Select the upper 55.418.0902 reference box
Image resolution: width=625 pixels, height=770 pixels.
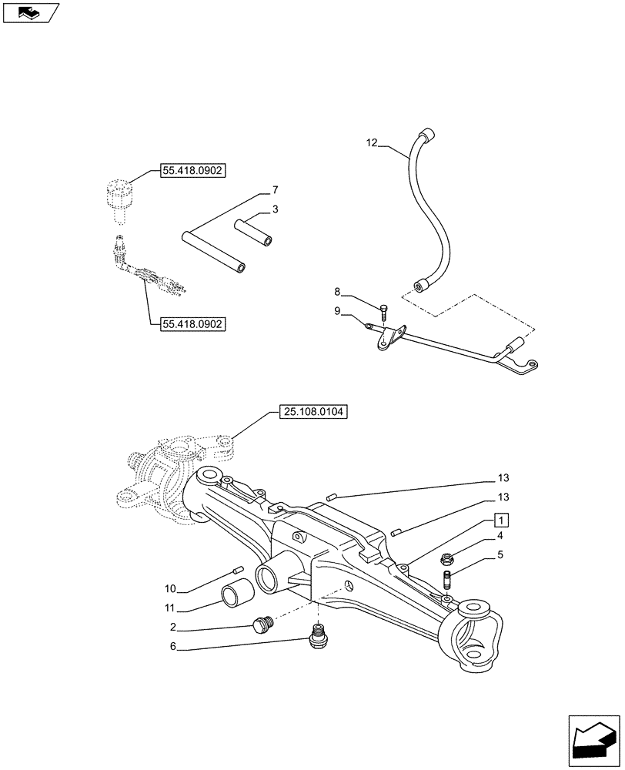[x=192, y=170]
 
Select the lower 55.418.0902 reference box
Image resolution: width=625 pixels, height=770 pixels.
[x=192, y=324]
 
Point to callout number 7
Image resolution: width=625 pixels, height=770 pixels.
[x=275, y=189]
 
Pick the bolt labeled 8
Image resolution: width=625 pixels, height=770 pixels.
[x=383, y=312]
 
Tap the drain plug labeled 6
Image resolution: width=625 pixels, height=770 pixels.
[x=316, y=638]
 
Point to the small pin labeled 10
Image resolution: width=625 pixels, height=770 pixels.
[x=238, y=571]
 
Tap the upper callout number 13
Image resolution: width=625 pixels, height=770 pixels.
[x=503, y=478]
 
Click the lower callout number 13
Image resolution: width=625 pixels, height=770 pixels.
[x=503, y=497]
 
